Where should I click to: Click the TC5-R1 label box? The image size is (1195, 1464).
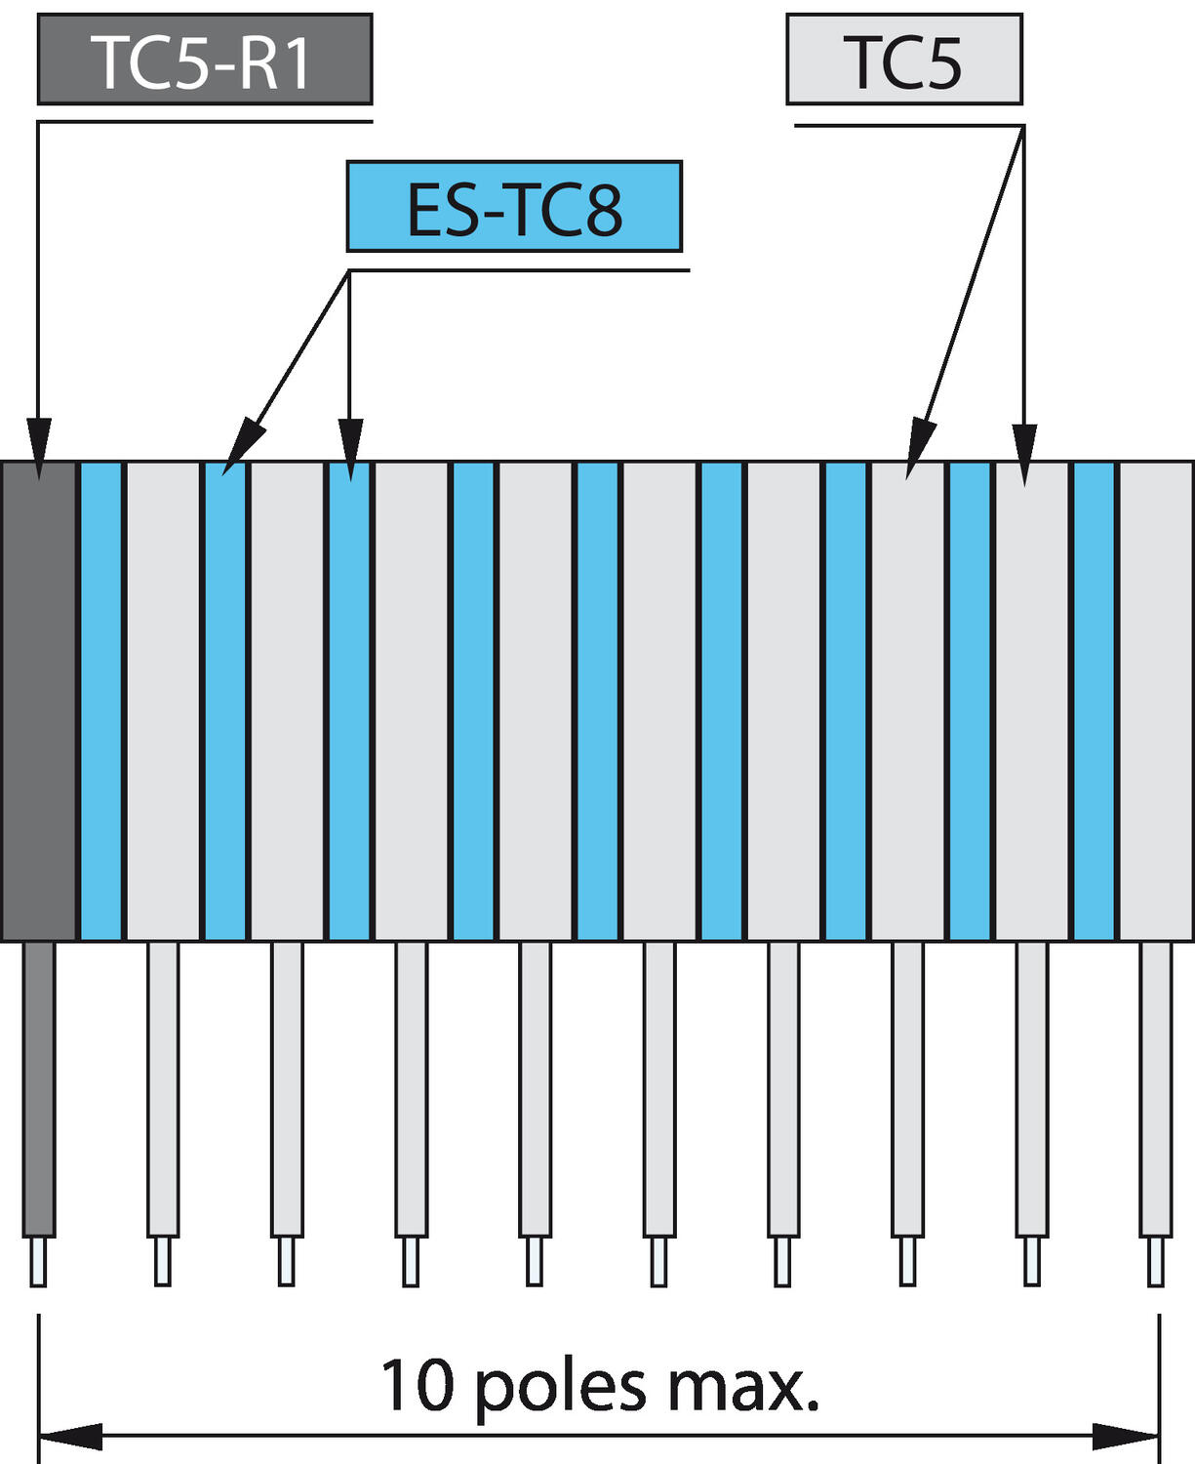click(205, 59)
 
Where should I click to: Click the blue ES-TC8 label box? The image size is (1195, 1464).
click(514, 206)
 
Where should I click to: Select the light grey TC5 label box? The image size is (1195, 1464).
click(904, 59)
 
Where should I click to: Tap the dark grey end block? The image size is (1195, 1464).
click(39, 701)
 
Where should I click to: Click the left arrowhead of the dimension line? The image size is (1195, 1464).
click(70, 1437)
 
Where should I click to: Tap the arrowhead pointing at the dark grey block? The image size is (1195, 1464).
click(39, 449)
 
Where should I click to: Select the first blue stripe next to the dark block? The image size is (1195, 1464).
click(101, 701)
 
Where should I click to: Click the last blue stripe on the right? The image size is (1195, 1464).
click(1095, 701)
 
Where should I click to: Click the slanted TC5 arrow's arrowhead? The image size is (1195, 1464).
click(921, 449)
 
